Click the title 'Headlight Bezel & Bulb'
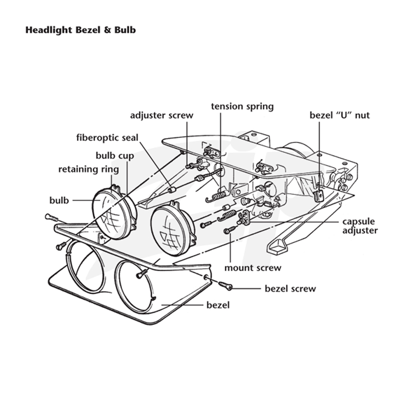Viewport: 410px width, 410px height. pos(80,30)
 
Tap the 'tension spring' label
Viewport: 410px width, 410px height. pos(242,107)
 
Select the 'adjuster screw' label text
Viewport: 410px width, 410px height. pos(161,115)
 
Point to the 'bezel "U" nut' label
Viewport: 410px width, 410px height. pos(340,115)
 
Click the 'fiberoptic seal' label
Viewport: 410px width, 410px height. pos(107,137)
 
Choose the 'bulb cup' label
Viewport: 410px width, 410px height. pos(115,156)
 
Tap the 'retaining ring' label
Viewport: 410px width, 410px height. pos(89,169)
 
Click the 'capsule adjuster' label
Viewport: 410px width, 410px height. pos(360,226)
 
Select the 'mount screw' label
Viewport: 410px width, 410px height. pos(253,268)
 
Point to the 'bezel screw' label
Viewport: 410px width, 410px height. pos(290,289)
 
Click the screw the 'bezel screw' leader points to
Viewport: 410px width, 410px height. pos(225,285)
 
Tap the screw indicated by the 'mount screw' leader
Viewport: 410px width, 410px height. pos(230,230)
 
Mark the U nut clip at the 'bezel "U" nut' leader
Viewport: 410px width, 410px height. pos(318,196)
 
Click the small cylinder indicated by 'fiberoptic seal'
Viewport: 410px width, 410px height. pos(171,190)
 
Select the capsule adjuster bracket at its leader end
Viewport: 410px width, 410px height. pos(244,218)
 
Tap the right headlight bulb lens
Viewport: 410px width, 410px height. pos(170,230)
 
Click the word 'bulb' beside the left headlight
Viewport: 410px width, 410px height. pos(59,200)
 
